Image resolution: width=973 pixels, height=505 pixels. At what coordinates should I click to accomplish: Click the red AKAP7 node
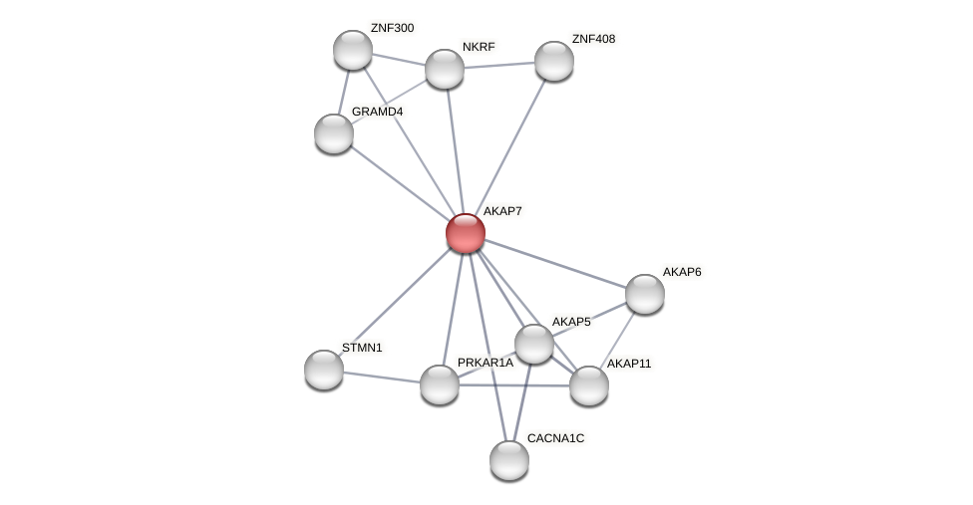466,233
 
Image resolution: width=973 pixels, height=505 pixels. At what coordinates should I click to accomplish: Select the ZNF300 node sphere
353,50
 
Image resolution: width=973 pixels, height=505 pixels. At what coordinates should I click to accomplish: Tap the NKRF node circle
445,69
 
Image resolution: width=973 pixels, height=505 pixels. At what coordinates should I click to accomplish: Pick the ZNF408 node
554,61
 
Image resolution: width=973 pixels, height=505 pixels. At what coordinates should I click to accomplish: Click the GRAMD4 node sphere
334,133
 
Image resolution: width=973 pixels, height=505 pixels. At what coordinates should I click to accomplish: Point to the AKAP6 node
645,294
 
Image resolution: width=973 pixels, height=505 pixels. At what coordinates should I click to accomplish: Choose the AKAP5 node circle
534,344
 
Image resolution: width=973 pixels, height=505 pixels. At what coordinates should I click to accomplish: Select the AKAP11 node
589,385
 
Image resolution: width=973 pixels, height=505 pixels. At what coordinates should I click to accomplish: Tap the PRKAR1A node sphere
440,384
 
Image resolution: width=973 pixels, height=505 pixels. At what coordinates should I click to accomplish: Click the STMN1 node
324,370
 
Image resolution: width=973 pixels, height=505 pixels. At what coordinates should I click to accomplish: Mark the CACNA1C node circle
509,460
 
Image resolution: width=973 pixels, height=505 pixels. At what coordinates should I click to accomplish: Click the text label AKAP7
502,211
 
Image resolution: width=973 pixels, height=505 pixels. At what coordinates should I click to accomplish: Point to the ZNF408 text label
593,39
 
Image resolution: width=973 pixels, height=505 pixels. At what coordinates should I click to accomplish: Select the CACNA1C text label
555,438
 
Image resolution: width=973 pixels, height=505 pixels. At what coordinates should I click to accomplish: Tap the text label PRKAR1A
486,363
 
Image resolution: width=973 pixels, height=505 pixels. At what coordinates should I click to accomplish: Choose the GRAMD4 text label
377,112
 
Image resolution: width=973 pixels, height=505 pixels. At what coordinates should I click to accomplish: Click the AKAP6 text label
682,272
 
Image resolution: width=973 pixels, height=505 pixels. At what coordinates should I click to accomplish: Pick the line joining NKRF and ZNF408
499,65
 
